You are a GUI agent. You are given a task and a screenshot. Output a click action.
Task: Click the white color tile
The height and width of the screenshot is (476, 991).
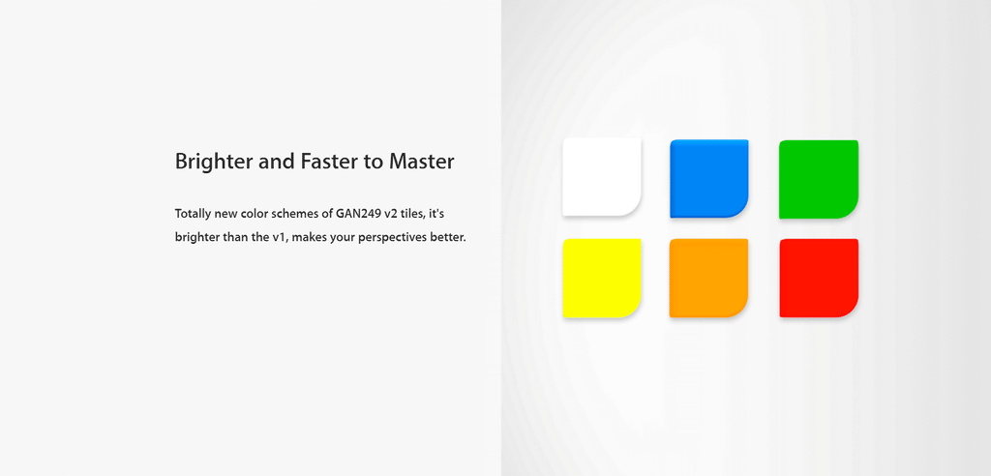(602, 177)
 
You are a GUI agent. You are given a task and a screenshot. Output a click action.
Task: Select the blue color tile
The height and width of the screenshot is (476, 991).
(709, 179)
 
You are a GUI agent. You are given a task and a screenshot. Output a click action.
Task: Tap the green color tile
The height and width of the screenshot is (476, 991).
(819, 180)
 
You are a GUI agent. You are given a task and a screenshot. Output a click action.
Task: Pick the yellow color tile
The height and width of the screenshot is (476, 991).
(602, 278)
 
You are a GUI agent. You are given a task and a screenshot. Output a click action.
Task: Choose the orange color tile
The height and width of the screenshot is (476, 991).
(709, 278)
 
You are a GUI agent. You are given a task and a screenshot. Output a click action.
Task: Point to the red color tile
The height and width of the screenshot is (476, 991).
(819, 278)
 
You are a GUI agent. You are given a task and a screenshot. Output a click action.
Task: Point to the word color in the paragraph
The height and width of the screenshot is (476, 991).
(255, 214)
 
